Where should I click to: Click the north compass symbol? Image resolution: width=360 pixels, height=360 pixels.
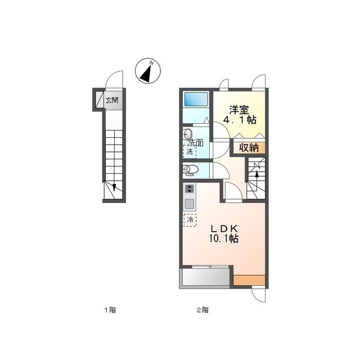[x=148, y=71]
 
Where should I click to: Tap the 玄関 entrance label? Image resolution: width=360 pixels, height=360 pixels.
[x=112, y=100]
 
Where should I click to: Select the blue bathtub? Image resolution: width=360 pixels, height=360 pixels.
[x=196, y=99]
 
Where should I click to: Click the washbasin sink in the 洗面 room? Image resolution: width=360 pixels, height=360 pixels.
[x=188, y=134]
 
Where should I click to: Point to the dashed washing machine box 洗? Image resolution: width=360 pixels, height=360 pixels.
[x=190, y=151]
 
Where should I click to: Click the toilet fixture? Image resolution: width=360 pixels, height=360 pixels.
[x=190, y=170]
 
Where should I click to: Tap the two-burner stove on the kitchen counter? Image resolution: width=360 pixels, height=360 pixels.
[x=190, y=189]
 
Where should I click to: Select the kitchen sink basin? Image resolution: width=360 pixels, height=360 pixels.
[x=190, y=204]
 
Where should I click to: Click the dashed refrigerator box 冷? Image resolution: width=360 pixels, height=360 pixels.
[x=190, y=220]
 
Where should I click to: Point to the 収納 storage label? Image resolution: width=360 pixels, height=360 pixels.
[x=249, y=148]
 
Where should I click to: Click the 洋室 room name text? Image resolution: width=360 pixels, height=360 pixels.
[x=239, y=110]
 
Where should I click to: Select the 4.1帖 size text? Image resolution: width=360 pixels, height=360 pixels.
[x=240, y=120]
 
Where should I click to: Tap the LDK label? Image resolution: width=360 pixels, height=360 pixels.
[x=224, y=228]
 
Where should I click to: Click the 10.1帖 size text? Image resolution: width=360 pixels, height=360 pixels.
[x=223, y=238]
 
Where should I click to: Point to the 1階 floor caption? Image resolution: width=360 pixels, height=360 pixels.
[x=110, y=310]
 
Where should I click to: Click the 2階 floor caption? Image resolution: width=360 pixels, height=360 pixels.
[x=202, y=310]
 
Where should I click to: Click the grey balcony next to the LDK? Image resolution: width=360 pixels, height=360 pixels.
[x=206, y=277]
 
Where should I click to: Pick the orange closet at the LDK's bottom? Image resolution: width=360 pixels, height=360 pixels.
[x=249, y=280]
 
